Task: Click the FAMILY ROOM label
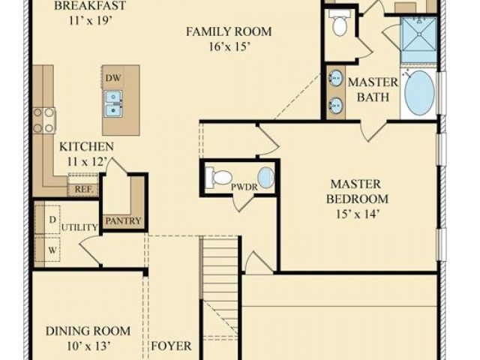229,31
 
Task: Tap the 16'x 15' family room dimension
230,46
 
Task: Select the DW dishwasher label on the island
113,78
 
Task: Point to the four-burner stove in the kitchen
44,120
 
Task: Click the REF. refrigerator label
83,189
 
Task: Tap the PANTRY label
123,220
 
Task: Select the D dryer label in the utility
52,220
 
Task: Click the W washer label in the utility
52,250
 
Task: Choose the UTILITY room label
79,227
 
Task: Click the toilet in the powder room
218,178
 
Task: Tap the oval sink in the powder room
265,178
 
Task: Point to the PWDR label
244,187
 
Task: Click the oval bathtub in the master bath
419,93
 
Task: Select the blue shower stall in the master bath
418,40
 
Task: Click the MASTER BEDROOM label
357,192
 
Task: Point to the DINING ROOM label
88,331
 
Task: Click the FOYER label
172,346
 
